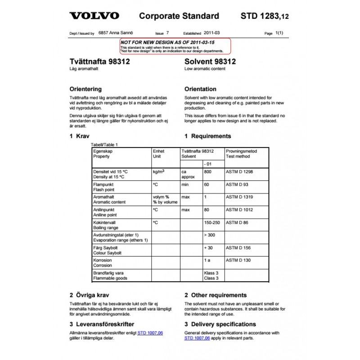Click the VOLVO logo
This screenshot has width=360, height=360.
pos(94,16)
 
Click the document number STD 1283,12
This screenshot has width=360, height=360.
pos(265,16)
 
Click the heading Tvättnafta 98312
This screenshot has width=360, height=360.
pos(100,61)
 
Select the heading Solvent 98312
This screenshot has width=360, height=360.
pos(210,61)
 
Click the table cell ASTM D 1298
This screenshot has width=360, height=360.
pos(239,172)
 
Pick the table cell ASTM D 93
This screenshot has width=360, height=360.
pos(237,184)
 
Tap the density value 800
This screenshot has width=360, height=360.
pos(207,172)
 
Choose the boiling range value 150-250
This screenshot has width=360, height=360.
pos(212,222)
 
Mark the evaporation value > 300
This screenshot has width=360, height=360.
pos(210,235)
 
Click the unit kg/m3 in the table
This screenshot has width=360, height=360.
pos(158,172)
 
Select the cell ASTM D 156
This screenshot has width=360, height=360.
pos(238,247)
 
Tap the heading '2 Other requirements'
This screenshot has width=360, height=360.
pos(216,295)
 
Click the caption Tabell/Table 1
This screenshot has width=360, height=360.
pos(104,144)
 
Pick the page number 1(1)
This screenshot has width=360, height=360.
pos(279,33)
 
